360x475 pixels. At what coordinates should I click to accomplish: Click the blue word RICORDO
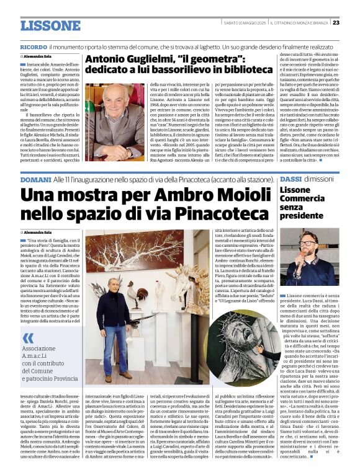coord(34,47)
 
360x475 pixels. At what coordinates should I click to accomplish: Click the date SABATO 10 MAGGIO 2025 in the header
coord(245,23)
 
